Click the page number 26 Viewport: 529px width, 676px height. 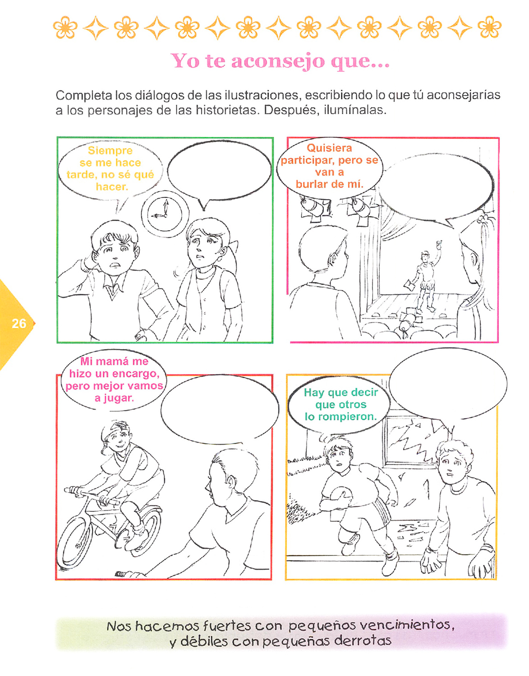click(19, 324)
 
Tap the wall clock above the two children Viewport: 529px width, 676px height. click(165, 214)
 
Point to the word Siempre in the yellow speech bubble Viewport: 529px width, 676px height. click(110, 151)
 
